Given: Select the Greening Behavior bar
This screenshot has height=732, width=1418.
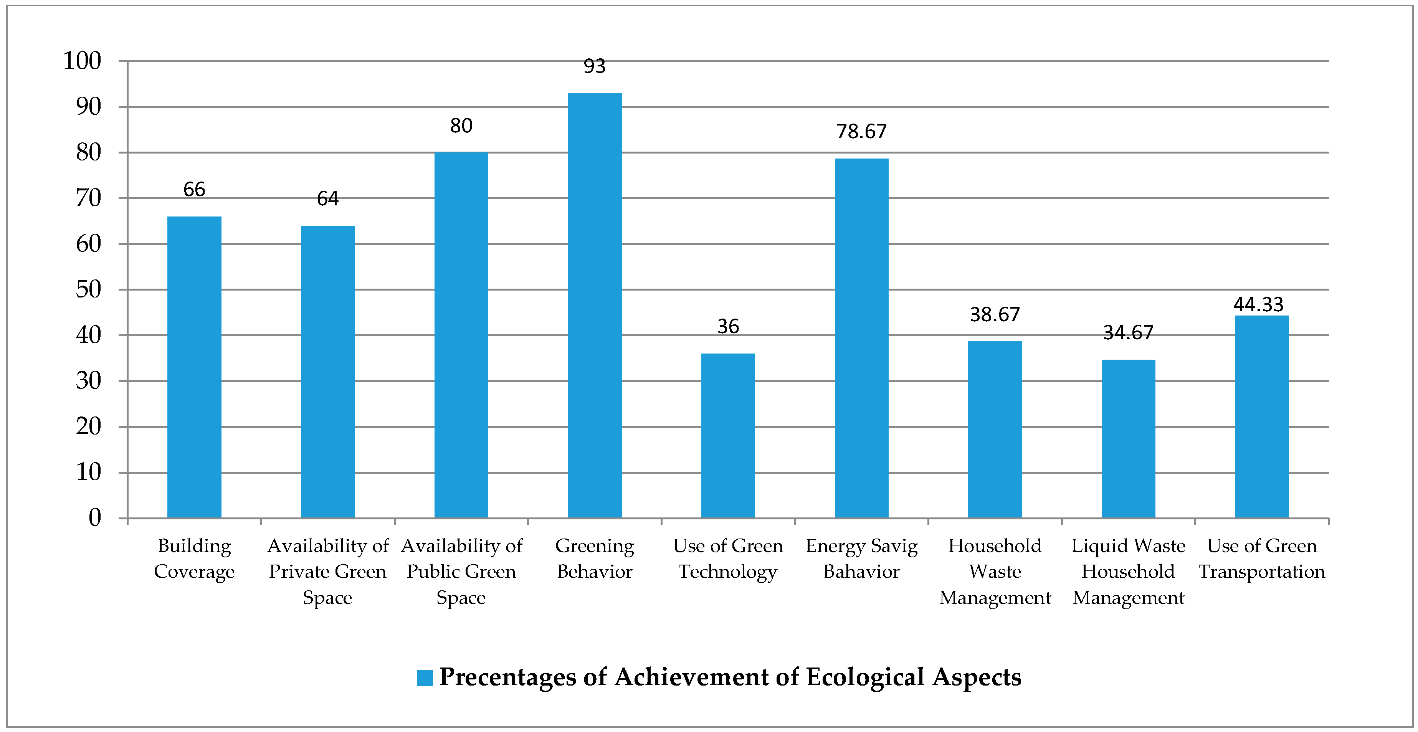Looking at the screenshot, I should [595, 306].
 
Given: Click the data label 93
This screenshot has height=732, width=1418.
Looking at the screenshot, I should [595, 66].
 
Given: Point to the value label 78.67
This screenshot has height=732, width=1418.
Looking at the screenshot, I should [861, 132].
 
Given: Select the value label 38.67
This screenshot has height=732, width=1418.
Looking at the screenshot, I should [995, 315].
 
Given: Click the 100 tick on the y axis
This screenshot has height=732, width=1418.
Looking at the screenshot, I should [83, 61].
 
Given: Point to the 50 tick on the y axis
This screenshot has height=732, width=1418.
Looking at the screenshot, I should [89, 289].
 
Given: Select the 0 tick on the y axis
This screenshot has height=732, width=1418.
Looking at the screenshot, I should [95, 518].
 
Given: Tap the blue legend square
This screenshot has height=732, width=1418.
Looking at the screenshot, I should [425, 677].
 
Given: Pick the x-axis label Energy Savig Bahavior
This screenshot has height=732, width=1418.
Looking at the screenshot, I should [861, 559].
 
